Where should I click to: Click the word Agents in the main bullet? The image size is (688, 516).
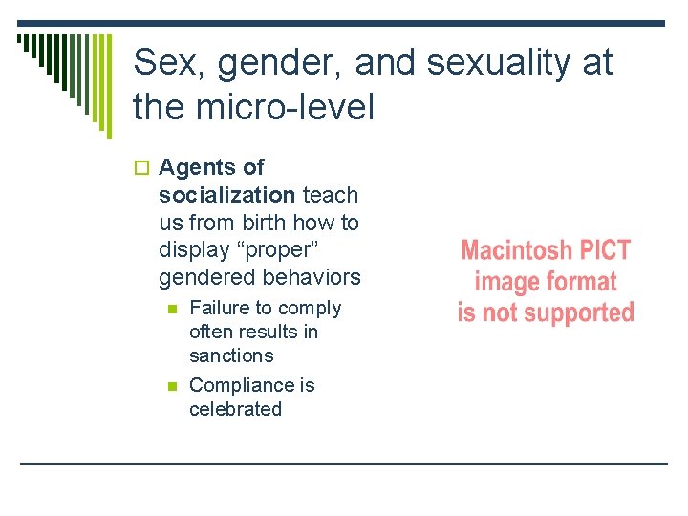[x=199, y=167]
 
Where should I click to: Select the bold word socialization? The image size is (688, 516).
[x=226, y=195]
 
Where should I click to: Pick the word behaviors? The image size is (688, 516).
[x=311, y=278]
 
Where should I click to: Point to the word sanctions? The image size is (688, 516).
[x=231, y=355]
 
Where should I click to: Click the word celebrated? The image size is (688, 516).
[x=235, y=409]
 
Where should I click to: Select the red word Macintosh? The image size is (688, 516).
[x=517, y=251]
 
